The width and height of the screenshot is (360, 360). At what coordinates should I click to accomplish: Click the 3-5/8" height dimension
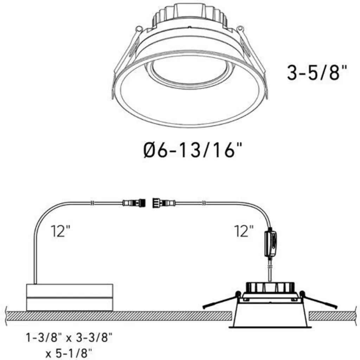[x=317, y=72]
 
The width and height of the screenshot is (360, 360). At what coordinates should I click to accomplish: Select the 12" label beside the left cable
[x=60, y=231]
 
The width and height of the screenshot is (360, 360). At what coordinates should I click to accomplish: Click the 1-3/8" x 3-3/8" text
[x=69, y=338]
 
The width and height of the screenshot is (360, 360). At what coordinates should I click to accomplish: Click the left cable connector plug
[x=134, y=203]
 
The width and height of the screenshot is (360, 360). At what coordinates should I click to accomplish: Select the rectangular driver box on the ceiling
[x=70, y=297]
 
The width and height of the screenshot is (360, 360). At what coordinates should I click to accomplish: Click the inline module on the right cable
[x=271, y=244]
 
